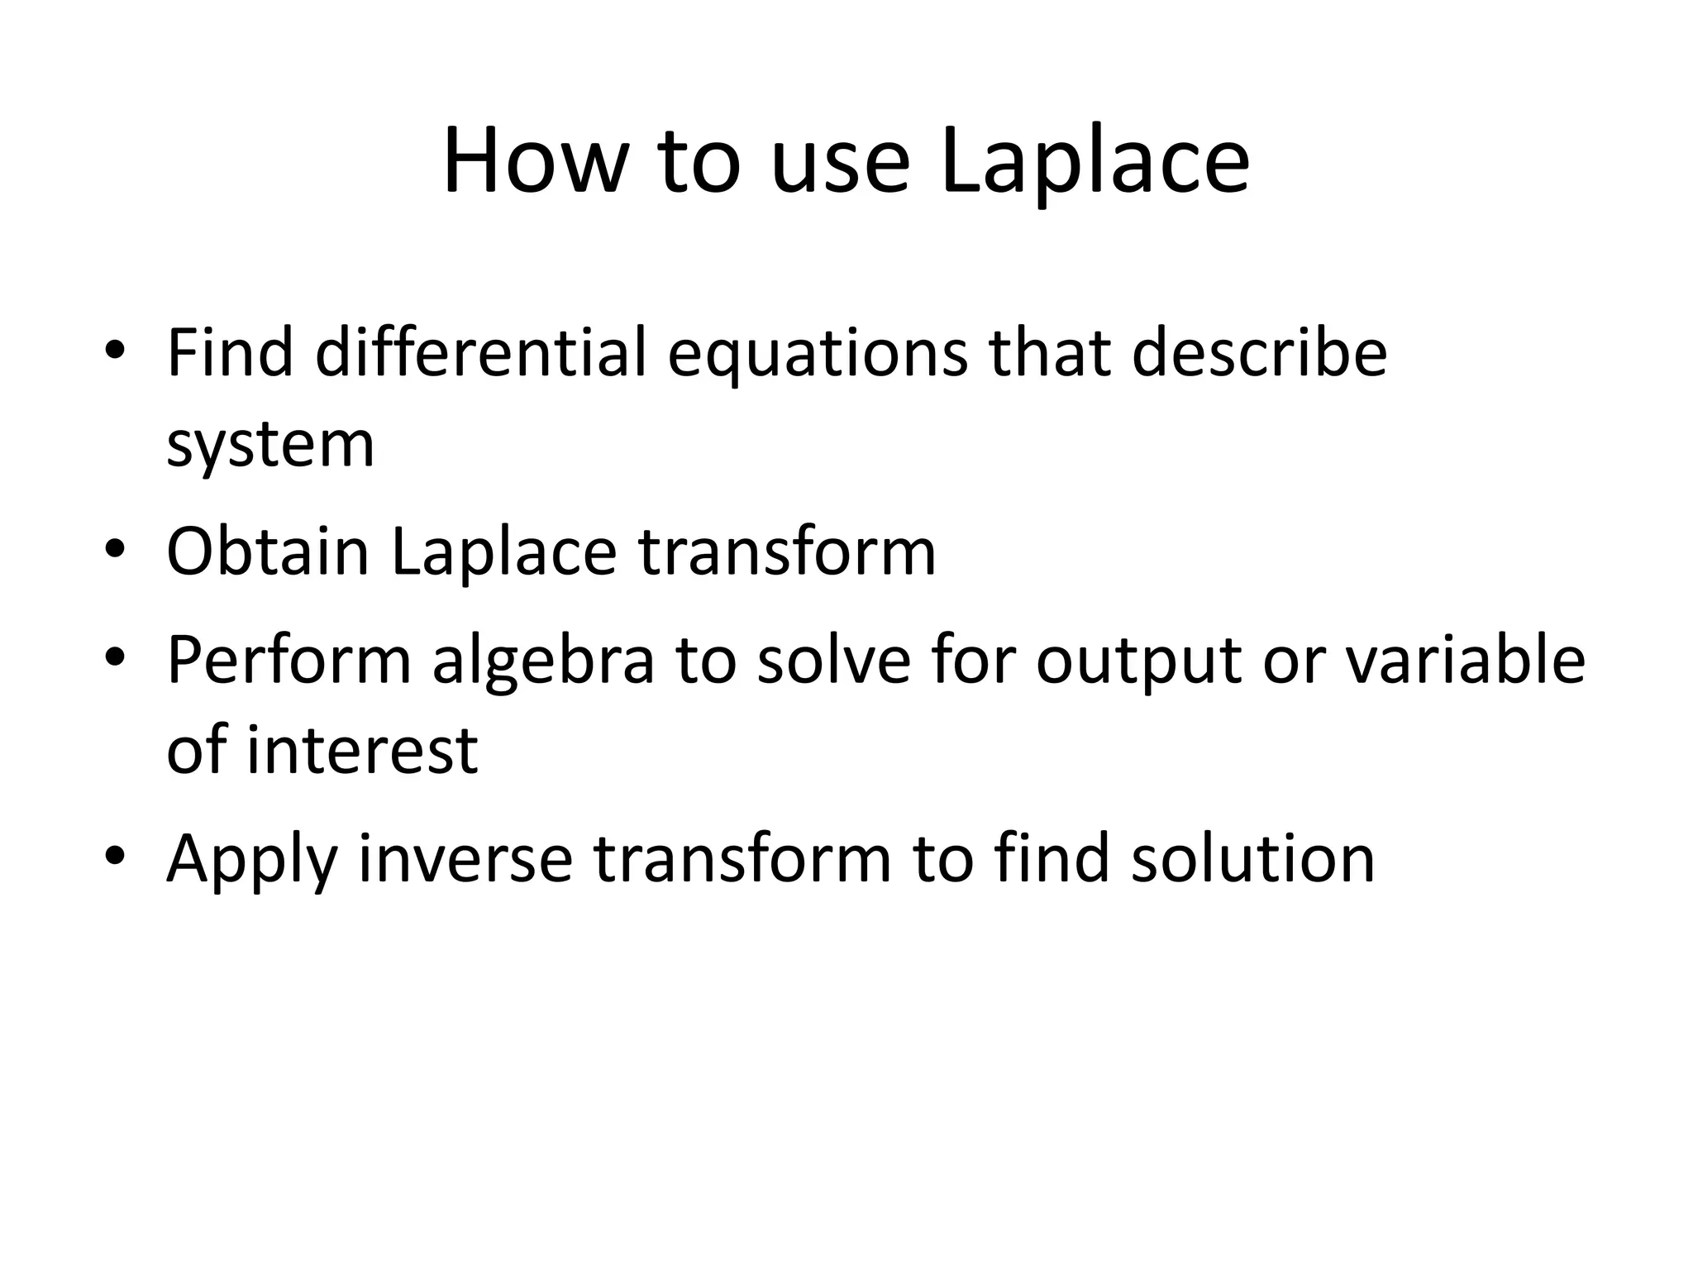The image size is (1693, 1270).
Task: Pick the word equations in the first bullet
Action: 816,352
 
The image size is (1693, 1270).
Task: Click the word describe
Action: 1258,352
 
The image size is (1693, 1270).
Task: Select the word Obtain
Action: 267,551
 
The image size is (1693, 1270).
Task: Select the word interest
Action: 362,750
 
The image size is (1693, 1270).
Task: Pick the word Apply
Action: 251,860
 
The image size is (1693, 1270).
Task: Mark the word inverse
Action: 465,858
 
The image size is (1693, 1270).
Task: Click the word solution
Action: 1253,858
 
